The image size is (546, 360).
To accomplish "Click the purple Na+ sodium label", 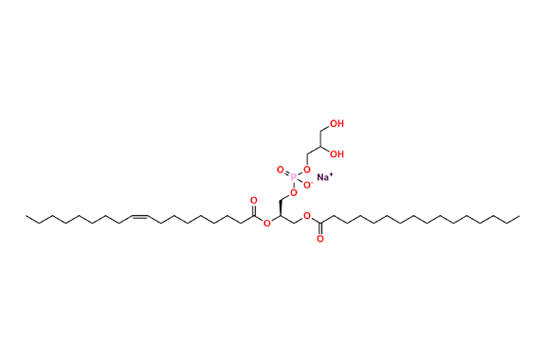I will pos(323,176).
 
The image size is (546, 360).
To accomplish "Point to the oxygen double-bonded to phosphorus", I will pos(280,170).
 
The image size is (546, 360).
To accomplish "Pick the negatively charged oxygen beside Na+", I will pos(307,171).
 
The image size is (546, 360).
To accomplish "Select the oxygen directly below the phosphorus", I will pos(294,192).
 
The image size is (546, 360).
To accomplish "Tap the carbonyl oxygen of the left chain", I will pos(253,200).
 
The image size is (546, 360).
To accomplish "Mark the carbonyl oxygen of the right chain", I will pos(320,239).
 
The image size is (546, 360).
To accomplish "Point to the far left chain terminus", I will pos(27,218).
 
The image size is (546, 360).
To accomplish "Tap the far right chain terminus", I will pos(519,218).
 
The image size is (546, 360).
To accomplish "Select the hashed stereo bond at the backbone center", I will pos(282,204).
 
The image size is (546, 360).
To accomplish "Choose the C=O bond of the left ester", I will pos(253,208).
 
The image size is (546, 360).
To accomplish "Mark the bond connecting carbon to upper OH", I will pos(326,128).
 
